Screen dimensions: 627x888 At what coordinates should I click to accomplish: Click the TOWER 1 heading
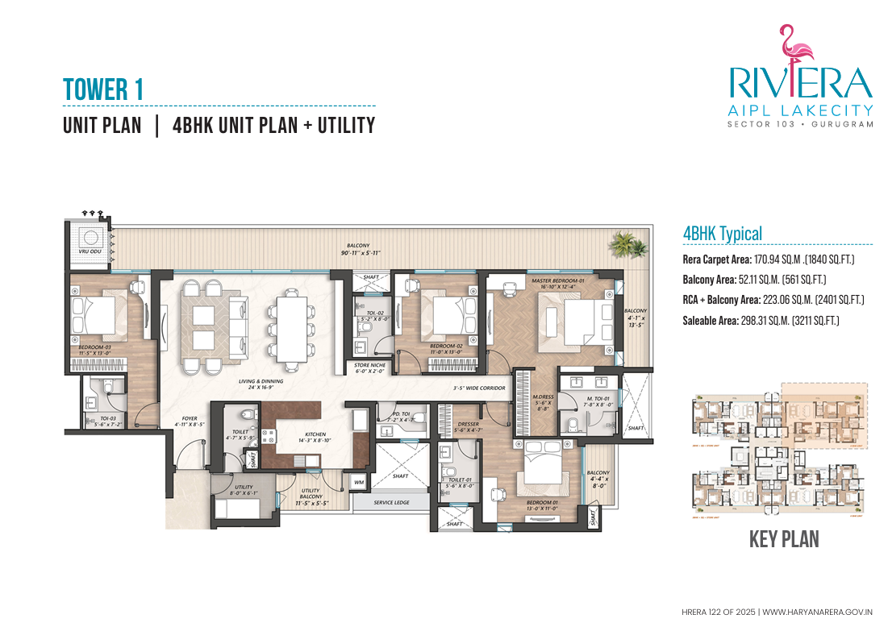(103, 89)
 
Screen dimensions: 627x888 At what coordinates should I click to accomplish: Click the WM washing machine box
(359, 483)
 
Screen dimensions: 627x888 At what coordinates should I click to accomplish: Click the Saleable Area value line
(761, 321)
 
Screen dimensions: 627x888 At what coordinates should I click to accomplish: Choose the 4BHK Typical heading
(722, 234)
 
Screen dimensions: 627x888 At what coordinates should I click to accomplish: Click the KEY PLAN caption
(784, 539)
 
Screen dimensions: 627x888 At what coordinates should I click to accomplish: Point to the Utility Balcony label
(310, 494)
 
